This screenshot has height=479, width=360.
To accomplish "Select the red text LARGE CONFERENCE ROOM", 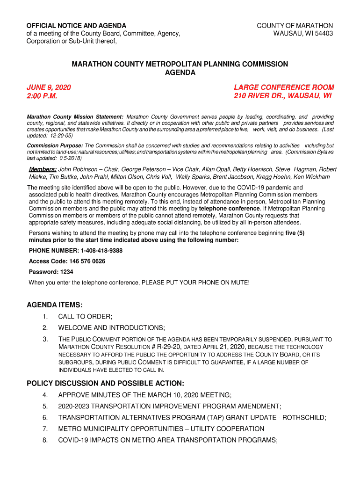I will (284, 87).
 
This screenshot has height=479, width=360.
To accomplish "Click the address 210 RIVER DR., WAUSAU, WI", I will (282, 96).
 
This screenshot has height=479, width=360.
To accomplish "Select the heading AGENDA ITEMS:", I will (55, 305).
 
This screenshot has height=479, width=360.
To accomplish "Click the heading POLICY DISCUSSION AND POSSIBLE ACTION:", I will (105, 384).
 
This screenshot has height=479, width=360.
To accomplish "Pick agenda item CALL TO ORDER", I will (85, 317).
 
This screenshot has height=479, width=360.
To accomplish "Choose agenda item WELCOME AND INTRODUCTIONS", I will (111, 328).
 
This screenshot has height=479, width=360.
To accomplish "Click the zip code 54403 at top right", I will (323, 34).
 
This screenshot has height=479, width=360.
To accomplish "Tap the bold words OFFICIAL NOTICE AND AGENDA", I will (76, 25).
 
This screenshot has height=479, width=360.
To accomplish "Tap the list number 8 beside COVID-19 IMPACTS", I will (45, 440).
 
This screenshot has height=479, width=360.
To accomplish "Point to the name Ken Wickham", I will (313, 177).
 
